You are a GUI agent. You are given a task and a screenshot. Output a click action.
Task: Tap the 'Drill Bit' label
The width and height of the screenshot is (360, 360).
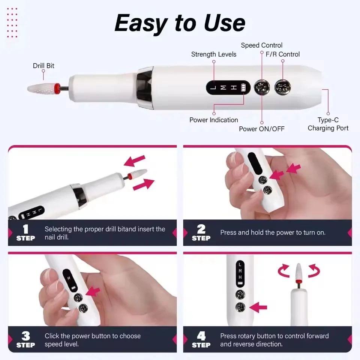(43, 66)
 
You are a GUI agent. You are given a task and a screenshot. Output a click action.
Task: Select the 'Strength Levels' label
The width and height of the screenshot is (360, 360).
(214, 54)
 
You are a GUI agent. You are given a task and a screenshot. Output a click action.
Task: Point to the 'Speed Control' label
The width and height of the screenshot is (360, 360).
(262, 45)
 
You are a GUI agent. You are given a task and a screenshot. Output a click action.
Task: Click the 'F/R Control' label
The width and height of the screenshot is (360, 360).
(283, 54)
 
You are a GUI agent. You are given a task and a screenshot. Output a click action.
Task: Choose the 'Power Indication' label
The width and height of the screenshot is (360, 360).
(214, 120)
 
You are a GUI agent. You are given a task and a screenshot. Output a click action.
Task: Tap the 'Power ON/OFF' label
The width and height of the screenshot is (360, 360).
(262, 129)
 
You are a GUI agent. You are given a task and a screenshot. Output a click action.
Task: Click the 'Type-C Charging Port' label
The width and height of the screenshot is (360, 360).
(328, 124)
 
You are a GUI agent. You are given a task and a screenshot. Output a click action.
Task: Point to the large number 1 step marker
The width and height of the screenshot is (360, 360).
(25, 229)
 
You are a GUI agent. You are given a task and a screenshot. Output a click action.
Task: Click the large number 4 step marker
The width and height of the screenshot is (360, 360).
(201, 336)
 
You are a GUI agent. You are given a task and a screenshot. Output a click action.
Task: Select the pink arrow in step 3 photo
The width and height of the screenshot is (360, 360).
(93, 292)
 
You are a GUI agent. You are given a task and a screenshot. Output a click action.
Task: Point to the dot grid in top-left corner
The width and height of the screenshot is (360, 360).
(12, 22)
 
